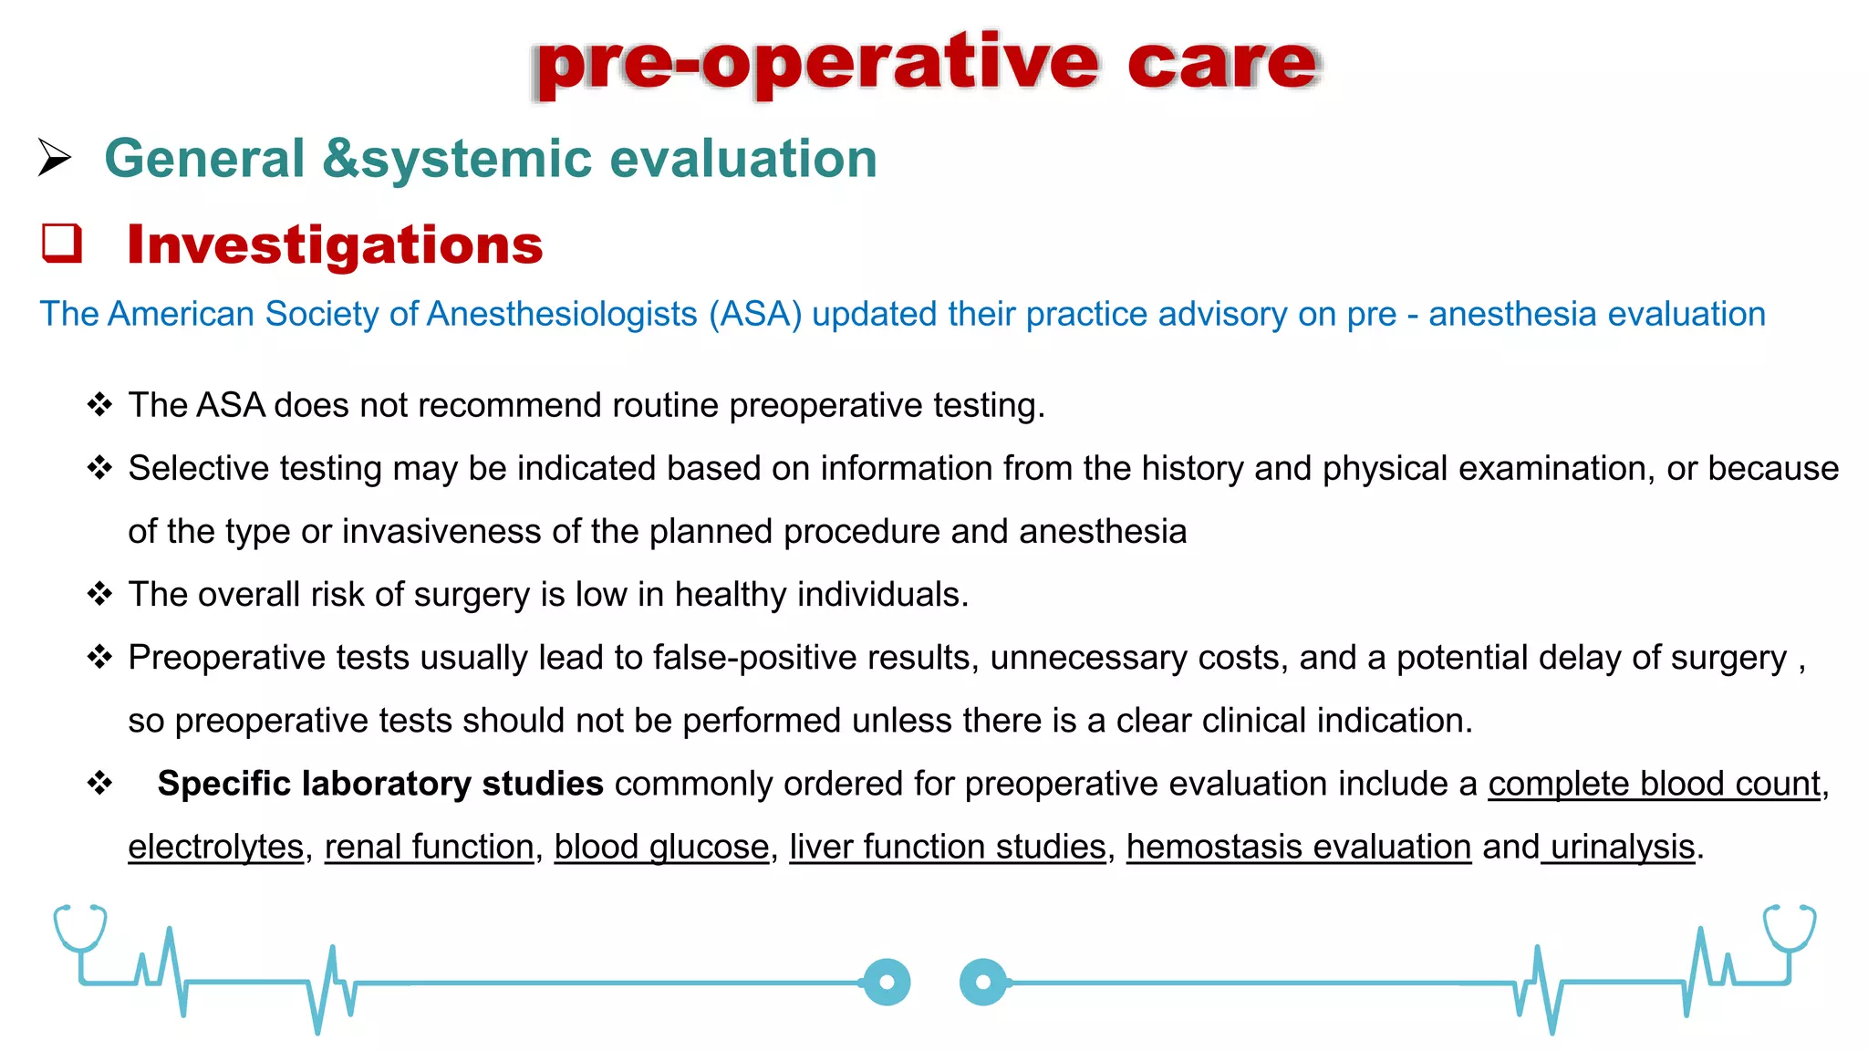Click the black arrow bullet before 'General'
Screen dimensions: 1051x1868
(55, 158)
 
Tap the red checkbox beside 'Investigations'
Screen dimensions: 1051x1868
(62, 244)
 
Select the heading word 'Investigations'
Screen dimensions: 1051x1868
(335, 245)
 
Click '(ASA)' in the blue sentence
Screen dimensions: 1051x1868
(755, 314)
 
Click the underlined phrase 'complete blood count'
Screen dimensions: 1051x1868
(1654, 784)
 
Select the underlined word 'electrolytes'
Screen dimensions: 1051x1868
(215, 847)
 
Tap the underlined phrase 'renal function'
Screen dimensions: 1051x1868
(429, 847)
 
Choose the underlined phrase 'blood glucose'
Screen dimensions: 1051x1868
(661, 847)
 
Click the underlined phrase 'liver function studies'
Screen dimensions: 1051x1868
(947, 847)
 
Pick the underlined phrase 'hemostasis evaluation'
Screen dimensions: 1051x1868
(1299, 847)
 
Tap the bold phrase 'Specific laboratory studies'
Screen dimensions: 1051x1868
(379, 784)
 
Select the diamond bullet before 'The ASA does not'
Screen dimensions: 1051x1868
(99, 404)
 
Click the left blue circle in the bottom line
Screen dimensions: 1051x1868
(887, 983)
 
